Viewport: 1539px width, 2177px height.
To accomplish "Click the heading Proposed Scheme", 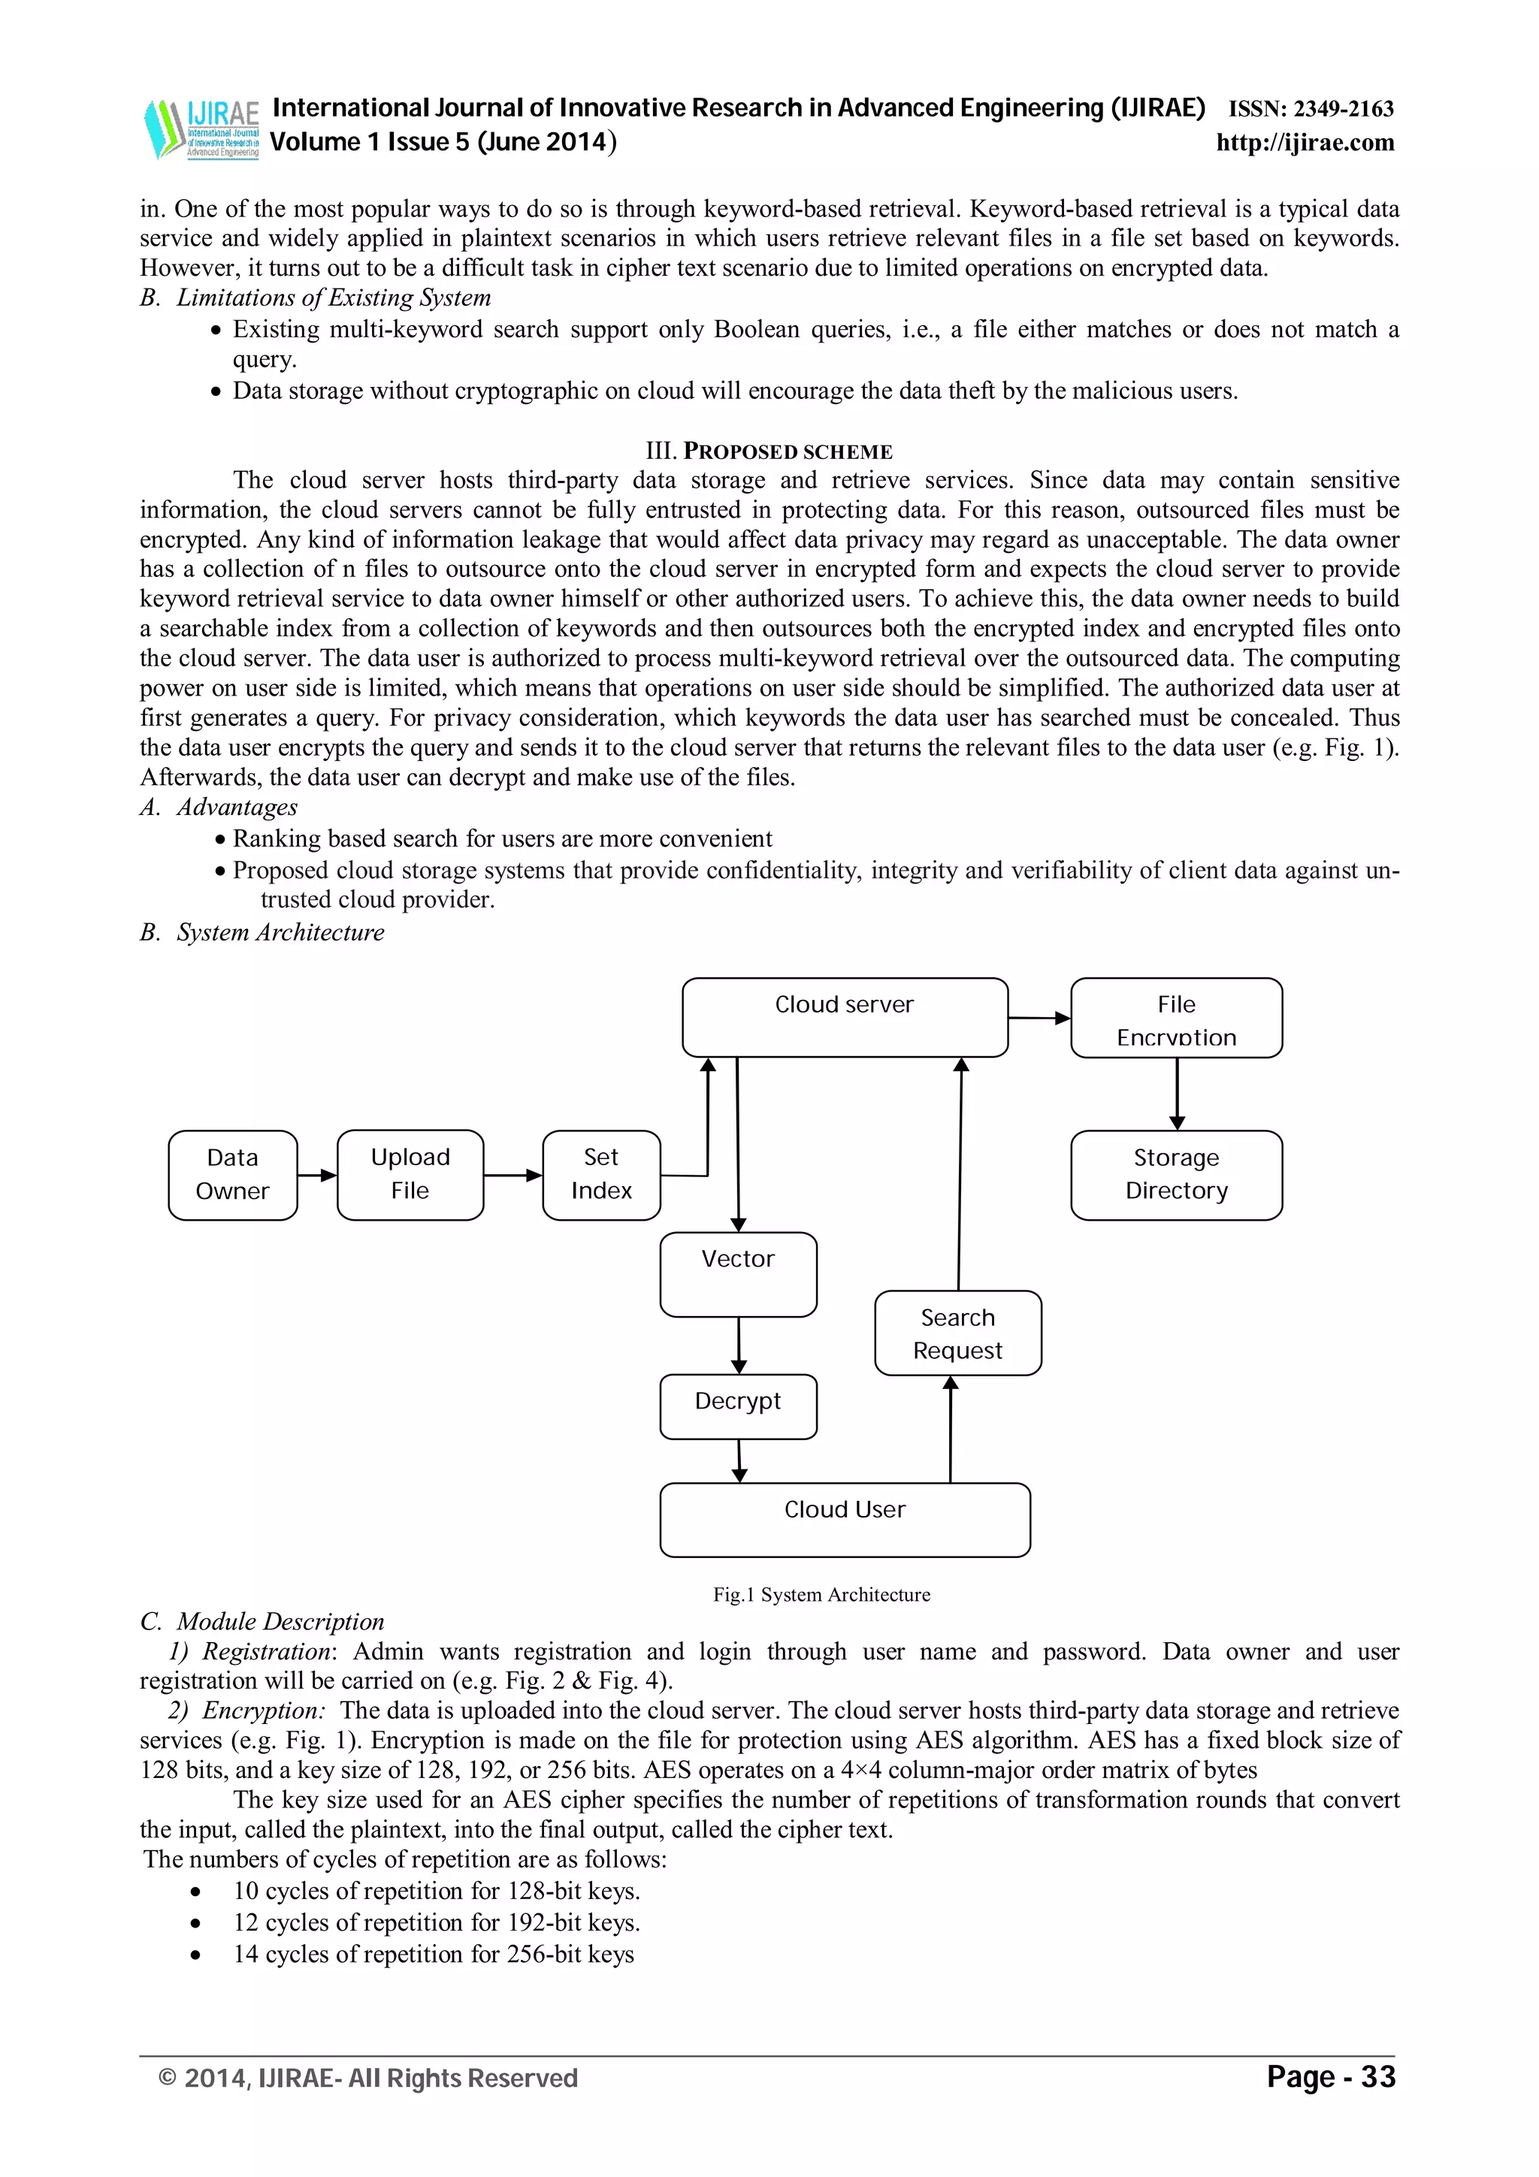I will (769, 451).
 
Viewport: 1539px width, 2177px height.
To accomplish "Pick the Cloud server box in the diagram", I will (844, 1017).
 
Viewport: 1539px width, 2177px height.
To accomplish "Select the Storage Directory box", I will (1176, 1175).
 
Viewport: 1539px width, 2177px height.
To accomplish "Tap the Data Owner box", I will (232, 1175).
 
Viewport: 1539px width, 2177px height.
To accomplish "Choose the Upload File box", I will (410, 1175).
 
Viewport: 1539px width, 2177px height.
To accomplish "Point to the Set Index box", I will (601, 1175).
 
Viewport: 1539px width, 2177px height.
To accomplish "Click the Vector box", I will (738, 1274).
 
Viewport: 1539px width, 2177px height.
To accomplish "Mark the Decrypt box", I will (738, 1406).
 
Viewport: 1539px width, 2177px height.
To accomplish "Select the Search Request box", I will (957, 1333).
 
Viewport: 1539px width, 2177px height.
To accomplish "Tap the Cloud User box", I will (844, 1520).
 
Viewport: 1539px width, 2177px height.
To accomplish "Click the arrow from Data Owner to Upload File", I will (316, 1176).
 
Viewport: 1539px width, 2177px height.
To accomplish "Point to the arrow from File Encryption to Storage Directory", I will (1177, 1093).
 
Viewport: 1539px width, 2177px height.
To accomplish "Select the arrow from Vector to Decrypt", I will (739, 1345).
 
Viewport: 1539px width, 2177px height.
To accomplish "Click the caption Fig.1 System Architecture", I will (821, 1595).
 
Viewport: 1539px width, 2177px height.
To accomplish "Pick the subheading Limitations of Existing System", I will (333, 297).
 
